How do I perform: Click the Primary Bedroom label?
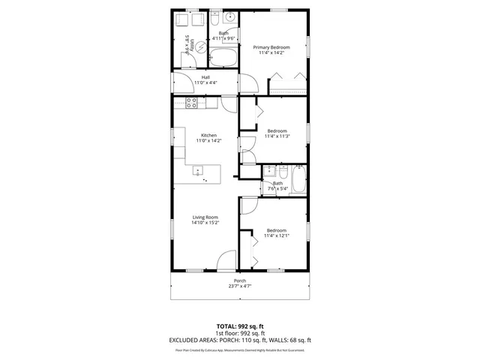[270, 46]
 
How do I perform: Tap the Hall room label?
[205, 76]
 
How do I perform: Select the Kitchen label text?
[208, 135]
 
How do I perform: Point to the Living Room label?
[205, 217]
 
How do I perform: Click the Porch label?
[239, 281]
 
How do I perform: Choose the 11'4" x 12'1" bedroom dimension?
[277, 235]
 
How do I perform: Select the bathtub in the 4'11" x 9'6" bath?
[223, 57]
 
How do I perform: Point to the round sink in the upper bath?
[232, 17]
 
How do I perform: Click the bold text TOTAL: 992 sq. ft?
[239, 327]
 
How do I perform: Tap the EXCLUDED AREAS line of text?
[239, 340]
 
